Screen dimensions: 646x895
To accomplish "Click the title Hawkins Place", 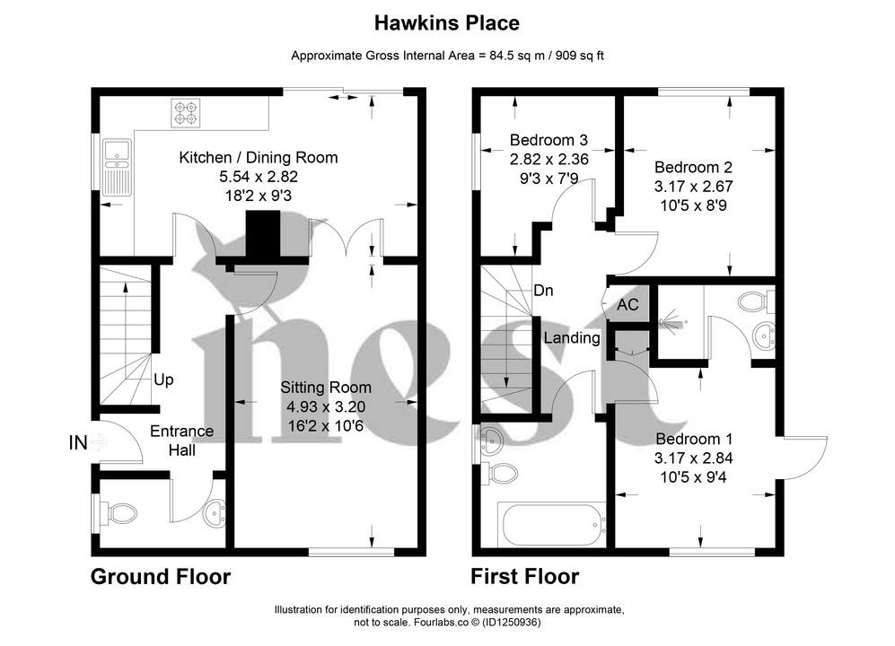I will pos(447,22).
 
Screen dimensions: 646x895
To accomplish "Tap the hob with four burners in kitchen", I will pos(187,112).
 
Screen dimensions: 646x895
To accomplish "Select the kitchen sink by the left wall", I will pos(117,166).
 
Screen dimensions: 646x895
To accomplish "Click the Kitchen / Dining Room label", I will pos(259,158).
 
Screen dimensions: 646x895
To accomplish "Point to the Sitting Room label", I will pos(325,388).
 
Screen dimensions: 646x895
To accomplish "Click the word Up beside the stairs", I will pos(162,380).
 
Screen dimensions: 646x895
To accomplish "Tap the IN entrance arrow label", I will pos(78,441).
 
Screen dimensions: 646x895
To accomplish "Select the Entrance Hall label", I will pos(181,441).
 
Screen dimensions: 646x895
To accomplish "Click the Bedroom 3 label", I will pos(548,140).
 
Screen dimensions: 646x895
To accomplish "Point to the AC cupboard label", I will pos(627,305).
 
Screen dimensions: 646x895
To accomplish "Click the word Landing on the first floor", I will pos(572,338).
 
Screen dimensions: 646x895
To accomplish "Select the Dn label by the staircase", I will pos(544,291).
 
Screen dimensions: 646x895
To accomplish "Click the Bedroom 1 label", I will pos(694,439).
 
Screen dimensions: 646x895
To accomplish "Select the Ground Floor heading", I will pos(161,577).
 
